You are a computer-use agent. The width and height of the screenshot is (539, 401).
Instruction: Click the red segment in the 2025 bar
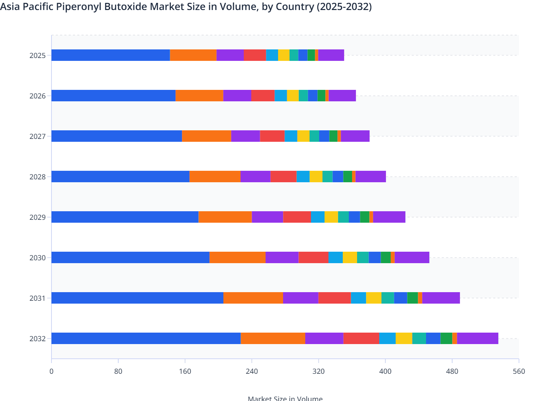(255, 55)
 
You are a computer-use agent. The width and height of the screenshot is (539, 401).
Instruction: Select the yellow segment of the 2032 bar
(404, 338)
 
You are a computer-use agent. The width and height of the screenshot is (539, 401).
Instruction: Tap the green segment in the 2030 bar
(386, 257)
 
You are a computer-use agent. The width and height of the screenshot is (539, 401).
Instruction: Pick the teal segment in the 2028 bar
(327, 177)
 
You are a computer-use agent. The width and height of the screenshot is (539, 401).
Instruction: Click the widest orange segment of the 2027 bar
(207, 136)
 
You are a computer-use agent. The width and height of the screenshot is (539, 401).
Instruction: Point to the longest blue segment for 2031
(137, 298)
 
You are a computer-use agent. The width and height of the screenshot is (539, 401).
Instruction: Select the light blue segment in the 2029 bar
(318, 217)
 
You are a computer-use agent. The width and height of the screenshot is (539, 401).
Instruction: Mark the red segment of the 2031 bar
(335, 298)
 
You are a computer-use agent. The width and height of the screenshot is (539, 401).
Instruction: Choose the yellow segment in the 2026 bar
(293, 96)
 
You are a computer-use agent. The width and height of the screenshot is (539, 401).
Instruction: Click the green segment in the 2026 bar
(321, 96)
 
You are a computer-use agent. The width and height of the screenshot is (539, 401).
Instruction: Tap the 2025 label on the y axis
(38, 55)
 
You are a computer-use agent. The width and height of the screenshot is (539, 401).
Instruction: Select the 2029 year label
(38, 217)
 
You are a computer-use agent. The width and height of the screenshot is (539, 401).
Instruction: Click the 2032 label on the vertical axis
(38, 339)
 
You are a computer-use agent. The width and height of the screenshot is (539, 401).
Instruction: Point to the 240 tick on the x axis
(252, 371)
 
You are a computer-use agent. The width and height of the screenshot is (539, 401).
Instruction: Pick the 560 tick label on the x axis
(519, 371)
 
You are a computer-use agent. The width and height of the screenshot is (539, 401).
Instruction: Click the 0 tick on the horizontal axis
(51, 371)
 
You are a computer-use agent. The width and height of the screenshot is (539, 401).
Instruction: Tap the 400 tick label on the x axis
(385, 371)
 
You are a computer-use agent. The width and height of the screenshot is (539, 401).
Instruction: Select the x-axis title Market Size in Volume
(285, 398)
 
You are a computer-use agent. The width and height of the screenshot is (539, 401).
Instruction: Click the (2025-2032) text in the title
(344, 6)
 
